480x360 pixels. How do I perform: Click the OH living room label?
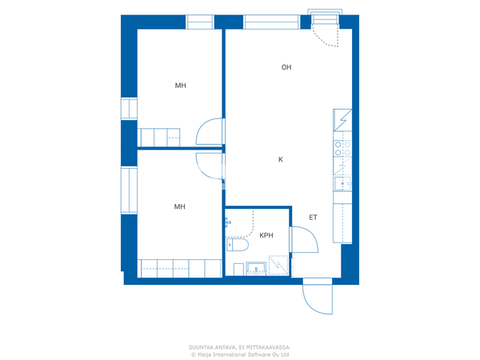(x=286, y=67)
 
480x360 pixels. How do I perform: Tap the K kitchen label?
(x=281, y=159)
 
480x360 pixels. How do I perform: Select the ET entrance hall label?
(x=313, y=218)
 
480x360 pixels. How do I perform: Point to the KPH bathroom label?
(x=266, y=235)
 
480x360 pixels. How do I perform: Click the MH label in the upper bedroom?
(x=180, y=86)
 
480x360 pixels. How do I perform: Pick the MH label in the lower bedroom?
(x=179, y=206)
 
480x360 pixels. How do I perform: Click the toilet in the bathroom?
(x=238, y=245)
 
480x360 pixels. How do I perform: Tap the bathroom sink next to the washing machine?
(x=256, y=269)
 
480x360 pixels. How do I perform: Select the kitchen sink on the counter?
(x=343, y=184)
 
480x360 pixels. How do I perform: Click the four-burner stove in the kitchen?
(x=342, y=149)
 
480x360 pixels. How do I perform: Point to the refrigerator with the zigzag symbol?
(x=342, y=120)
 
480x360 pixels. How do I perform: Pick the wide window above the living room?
(x=271, y=22)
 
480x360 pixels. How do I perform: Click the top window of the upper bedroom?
(x=199, y=22)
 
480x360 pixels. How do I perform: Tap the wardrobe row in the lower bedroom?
(x=180, y=269)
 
